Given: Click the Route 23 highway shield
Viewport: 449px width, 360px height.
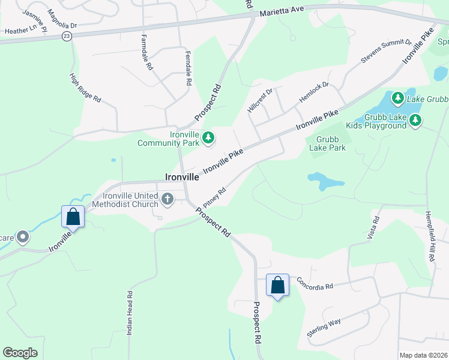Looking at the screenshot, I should [x=66, y=37].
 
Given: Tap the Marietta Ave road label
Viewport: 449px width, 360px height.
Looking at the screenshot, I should [x=282, y=11].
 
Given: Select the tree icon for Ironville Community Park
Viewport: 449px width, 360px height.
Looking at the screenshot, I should [x=208, y=139].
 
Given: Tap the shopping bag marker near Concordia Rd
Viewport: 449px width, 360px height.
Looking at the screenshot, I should [x=278, y=284].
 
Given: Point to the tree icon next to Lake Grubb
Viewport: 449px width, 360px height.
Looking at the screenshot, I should [x=397, y=97].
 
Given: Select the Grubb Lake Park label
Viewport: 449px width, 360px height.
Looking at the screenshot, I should [x=327, y=143].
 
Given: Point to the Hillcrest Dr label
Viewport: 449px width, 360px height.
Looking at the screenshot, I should [x=260, y=100].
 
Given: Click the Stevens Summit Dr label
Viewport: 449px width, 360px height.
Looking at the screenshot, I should [x=385, y=52].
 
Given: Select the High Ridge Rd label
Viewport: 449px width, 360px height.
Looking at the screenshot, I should [x=85, y=88].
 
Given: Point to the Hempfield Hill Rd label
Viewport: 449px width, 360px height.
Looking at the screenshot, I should [x=429, y=235].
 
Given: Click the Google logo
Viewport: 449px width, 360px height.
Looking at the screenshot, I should [x=20, y=353].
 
